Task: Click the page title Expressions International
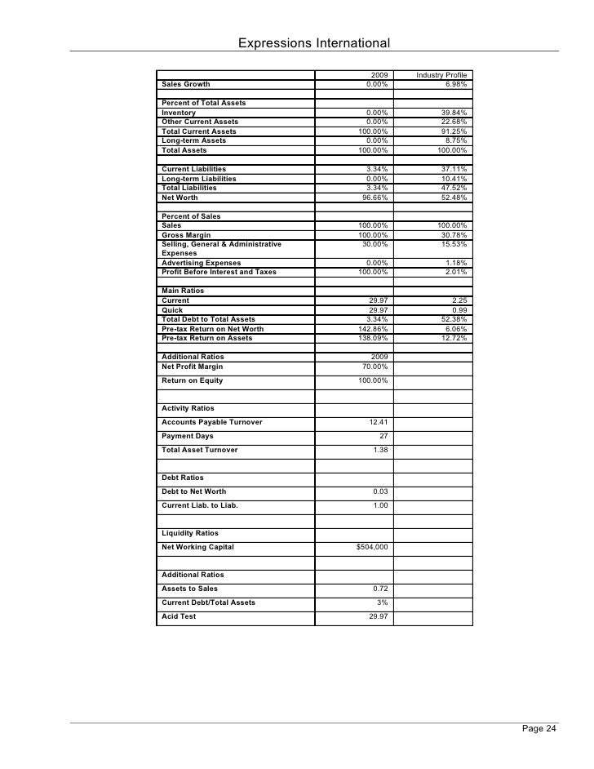click(313, 42)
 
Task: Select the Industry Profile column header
click(442, 75)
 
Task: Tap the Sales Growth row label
click(185, 84)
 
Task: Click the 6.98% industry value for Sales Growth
click(456, 84)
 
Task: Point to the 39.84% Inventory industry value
click(454, 113)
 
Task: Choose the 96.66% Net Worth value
click(375, 198)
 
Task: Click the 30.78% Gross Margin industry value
click(454, 235)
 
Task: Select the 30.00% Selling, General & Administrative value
click(375, 244)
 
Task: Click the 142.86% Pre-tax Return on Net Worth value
click(373, 329)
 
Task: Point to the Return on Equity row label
click(192, 380)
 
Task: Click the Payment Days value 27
click(383, 436)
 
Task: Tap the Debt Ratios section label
click(183, 478)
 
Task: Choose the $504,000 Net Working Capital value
click(372, 547)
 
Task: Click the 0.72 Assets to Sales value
click(379, 589)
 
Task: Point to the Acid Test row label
click(179, 616)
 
